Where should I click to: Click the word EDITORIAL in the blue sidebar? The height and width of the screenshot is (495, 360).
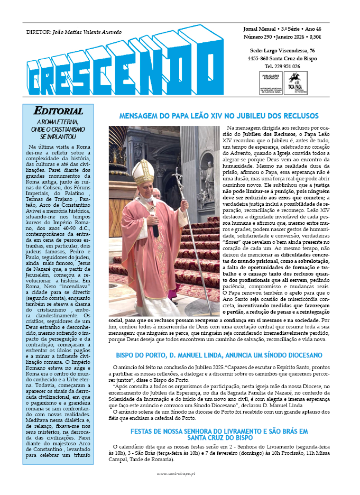[58, 111]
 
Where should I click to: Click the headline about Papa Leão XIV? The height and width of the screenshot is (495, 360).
[218, 116]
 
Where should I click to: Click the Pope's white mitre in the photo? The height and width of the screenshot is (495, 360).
[143, 172]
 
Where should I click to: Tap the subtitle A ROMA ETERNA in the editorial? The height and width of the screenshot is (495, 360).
[58, 122]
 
